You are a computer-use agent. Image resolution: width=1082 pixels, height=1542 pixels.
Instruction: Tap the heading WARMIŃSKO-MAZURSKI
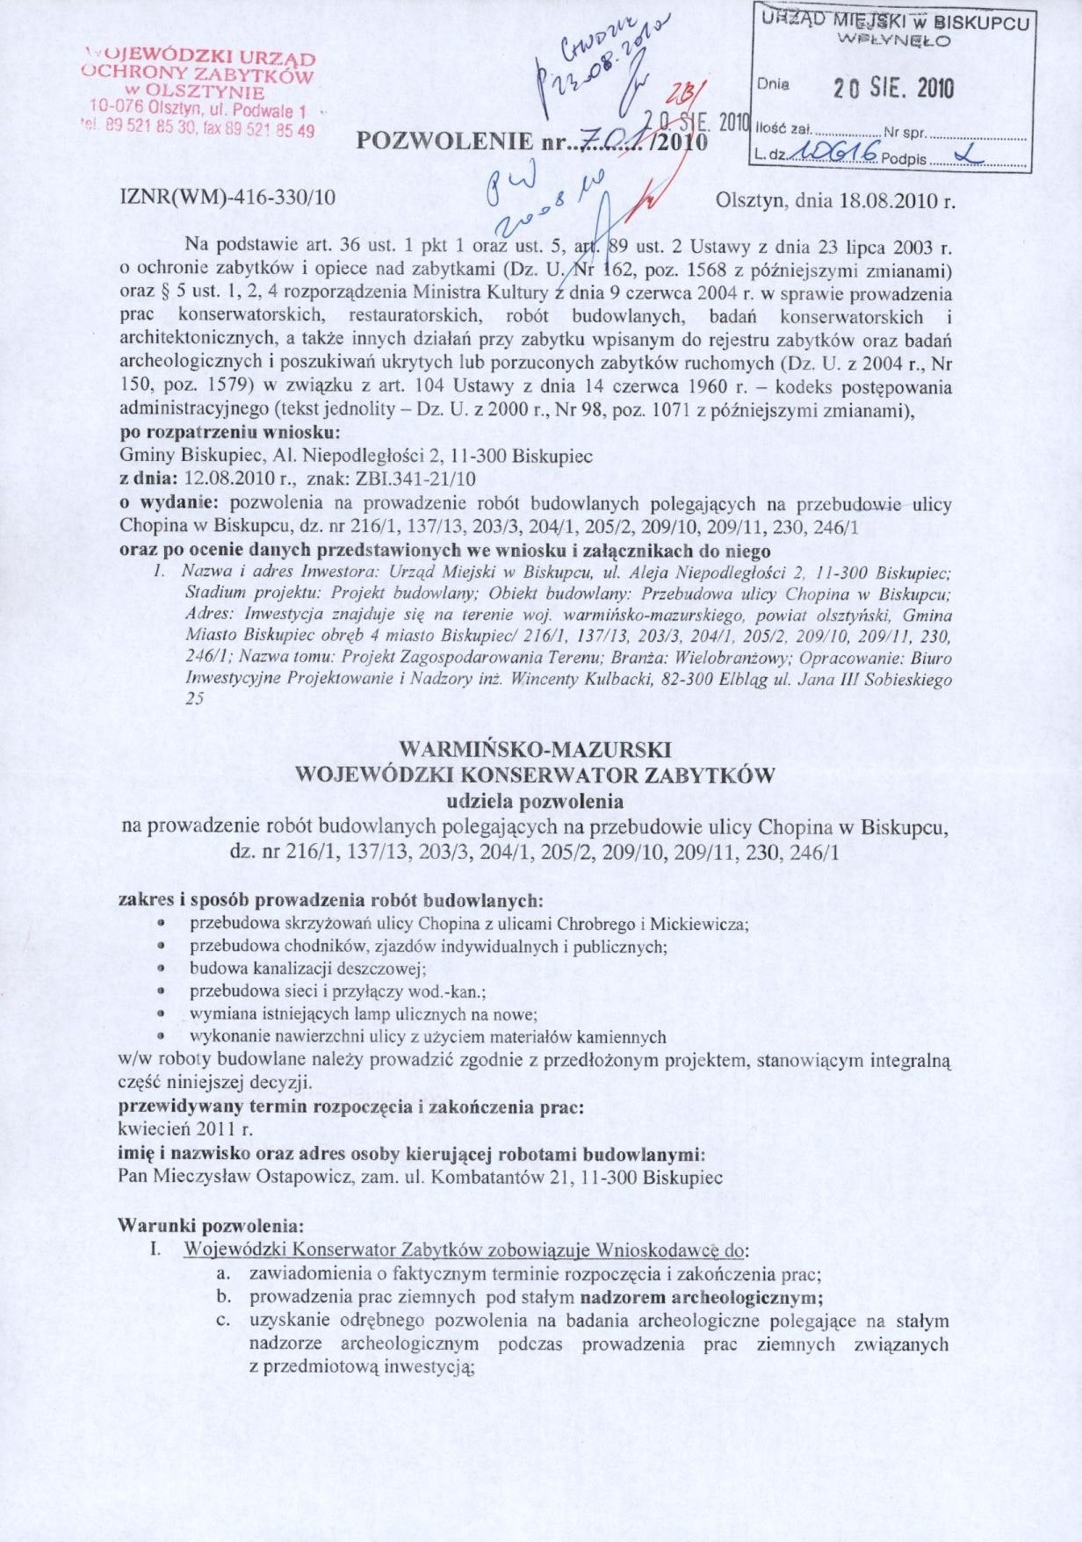tap(535, 750)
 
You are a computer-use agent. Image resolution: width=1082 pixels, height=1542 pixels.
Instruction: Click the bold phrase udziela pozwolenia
tap(535, 801)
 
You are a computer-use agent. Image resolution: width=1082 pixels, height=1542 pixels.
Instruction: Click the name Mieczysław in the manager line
tap(200, 1178)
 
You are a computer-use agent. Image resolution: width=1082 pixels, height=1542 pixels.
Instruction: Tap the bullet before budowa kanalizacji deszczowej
tap(162, 969)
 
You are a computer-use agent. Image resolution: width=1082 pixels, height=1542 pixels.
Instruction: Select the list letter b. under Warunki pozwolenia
tap(223, 1297)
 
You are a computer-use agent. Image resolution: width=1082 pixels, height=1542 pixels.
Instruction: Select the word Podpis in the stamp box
tap(904, 159)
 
